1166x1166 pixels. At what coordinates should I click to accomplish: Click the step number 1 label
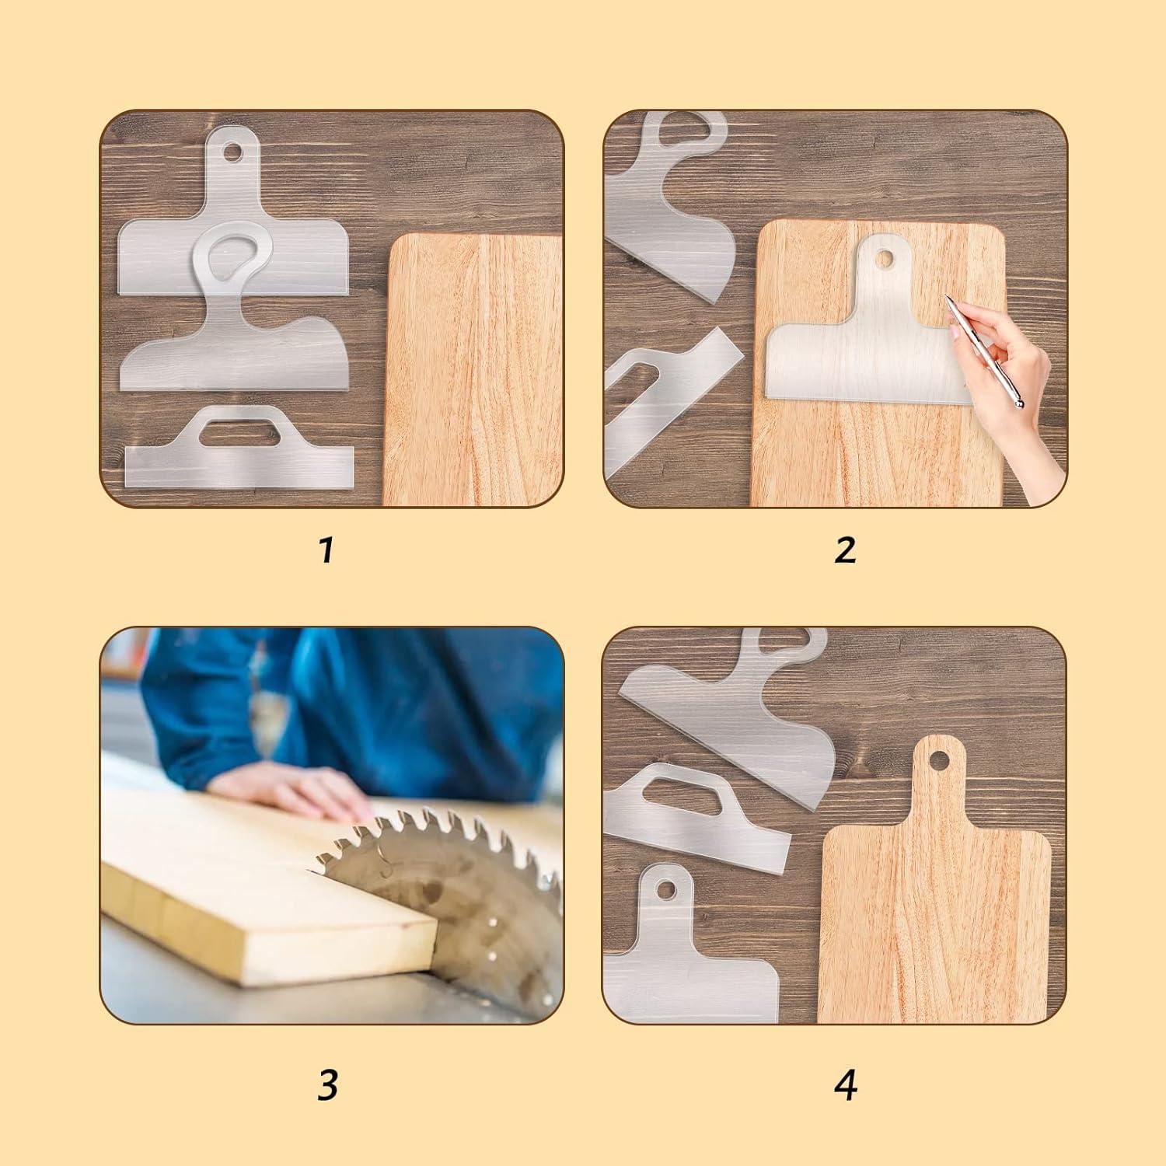tap(326, 550)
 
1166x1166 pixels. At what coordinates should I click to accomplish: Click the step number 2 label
tap(845, 550)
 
